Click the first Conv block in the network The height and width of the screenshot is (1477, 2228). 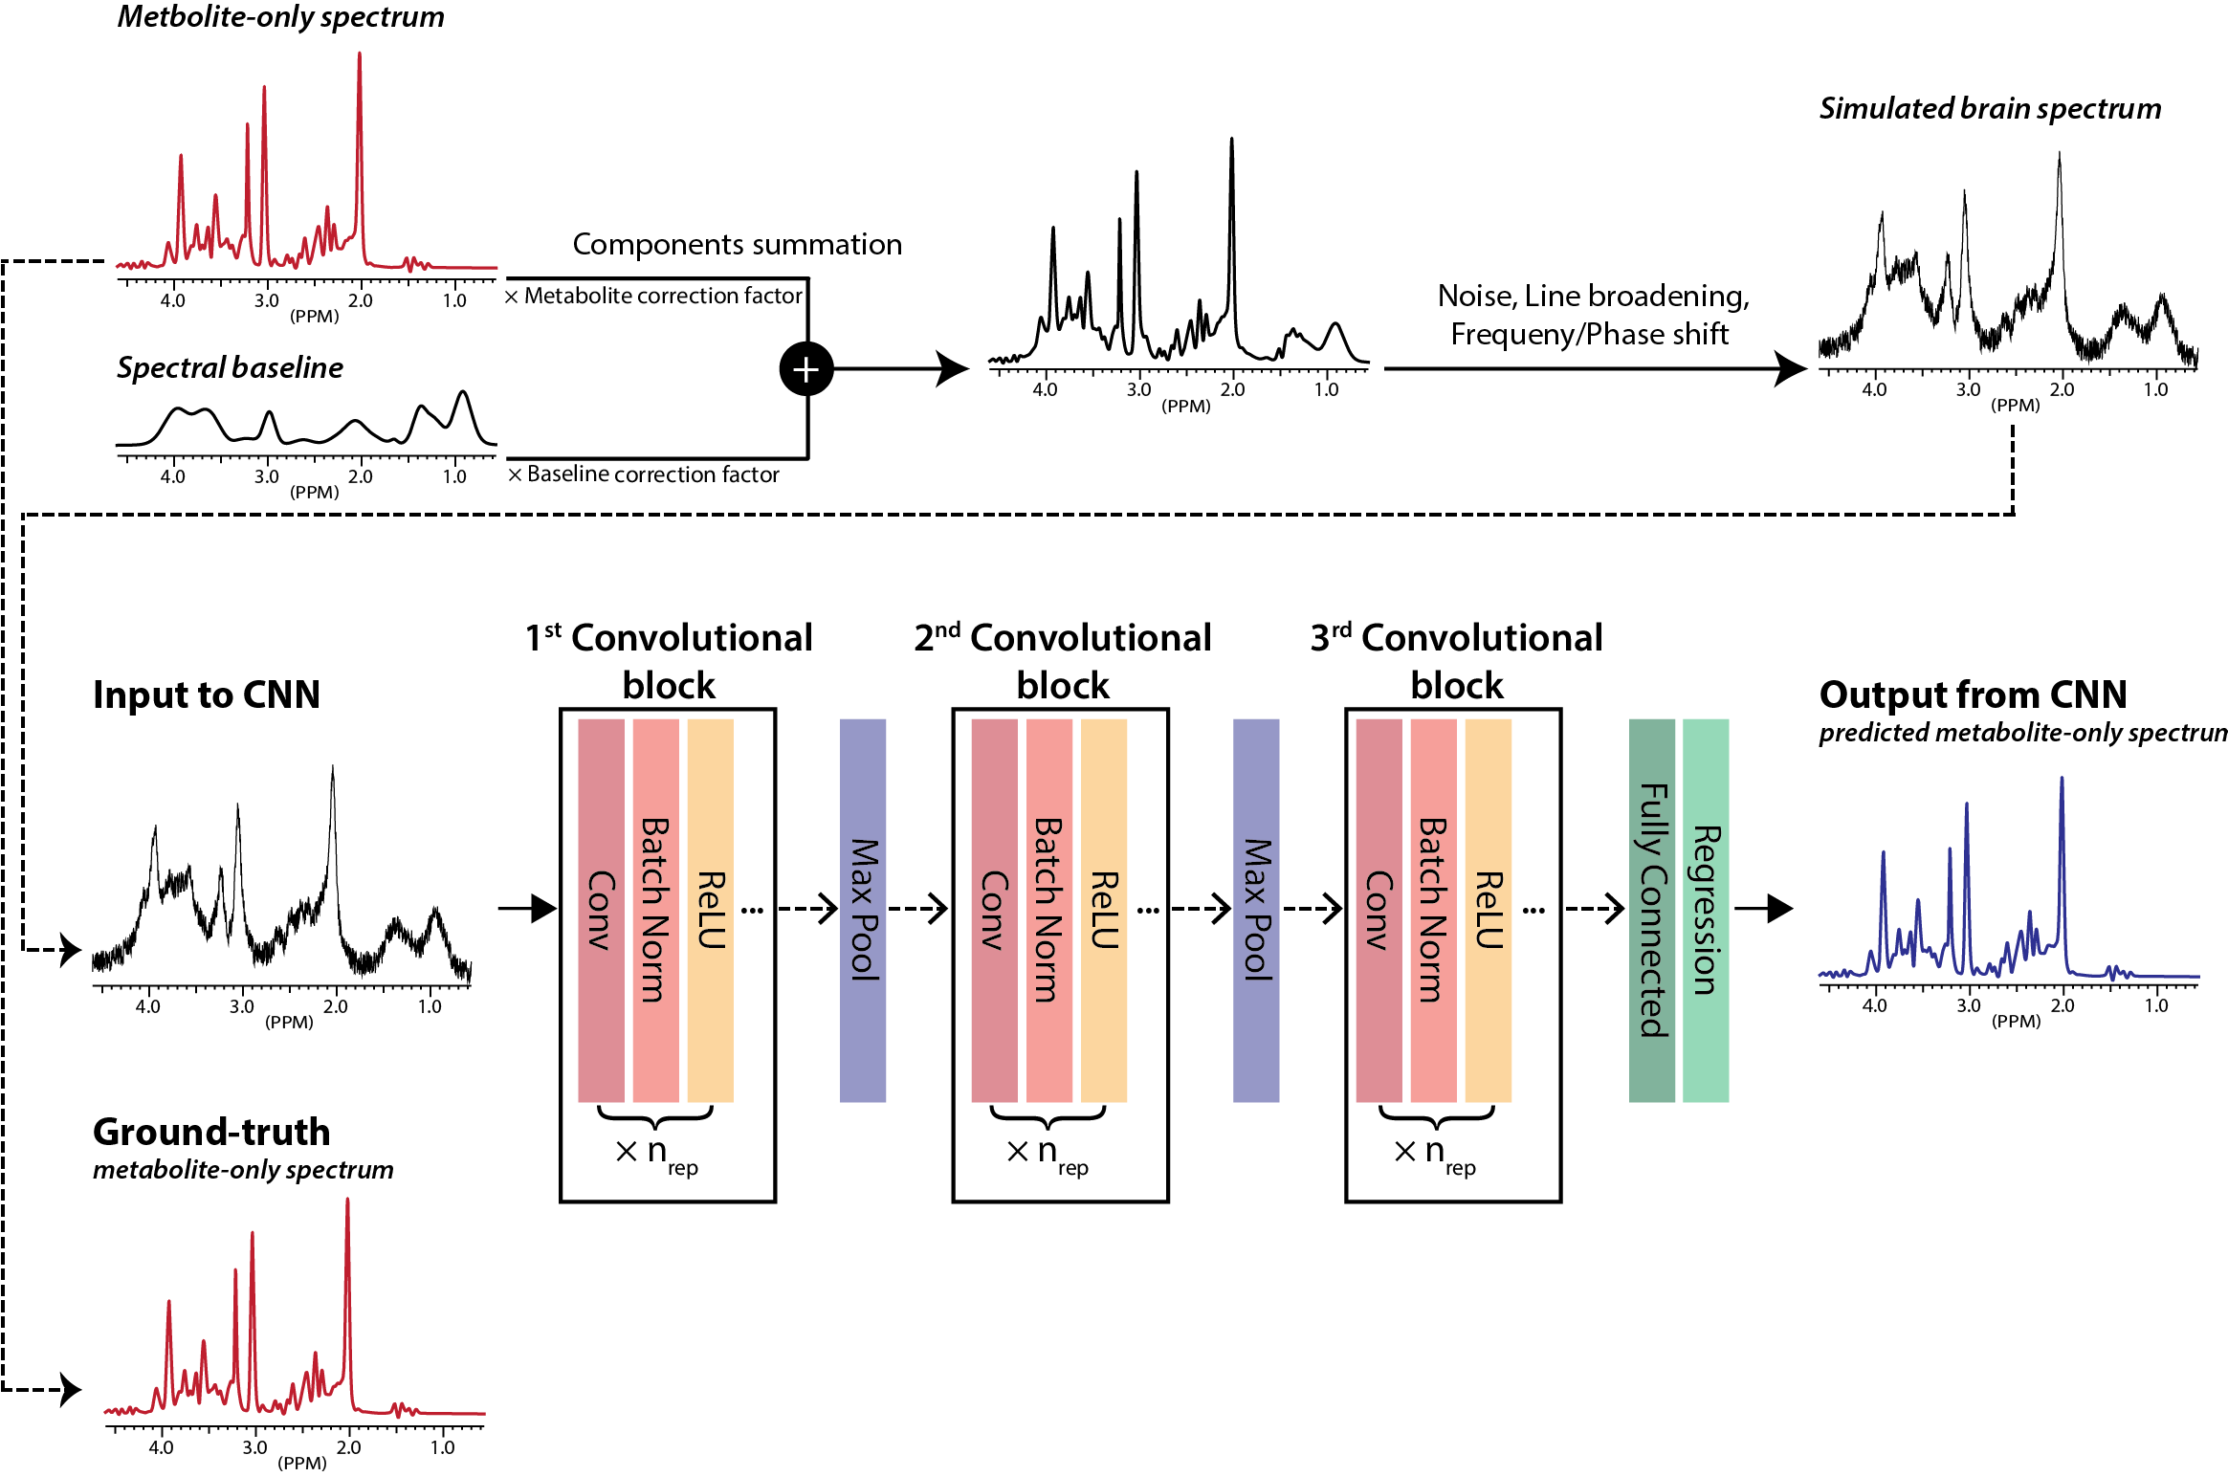tap(601, 910)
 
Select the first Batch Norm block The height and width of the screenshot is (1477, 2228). tap(655, 910)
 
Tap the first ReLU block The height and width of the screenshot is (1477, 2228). tap(710, 910)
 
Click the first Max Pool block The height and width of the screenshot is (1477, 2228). tap(863, 910)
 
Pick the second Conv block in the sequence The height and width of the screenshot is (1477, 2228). tap(994, 910)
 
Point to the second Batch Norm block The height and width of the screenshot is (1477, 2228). tap(1049, 910)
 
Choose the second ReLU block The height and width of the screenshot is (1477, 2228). tap(1104, 910)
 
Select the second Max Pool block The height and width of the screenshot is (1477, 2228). tap(1256, 910)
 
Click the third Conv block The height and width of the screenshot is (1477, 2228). tap(1379, 910)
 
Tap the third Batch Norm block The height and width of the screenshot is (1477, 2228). tap(1433, 910)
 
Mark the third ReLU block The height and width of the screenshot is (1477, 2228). tap(1489, 910)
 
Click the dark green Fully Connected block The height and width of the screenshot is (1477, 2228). tap(1652, 910)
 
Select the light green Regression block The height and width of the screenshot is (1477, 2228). tap(1706, 910)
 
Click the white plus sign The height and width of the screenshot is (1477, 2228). tap(805, 369)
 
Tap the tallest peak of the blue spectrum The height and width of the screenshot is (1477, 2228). tap(2062, 780)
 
